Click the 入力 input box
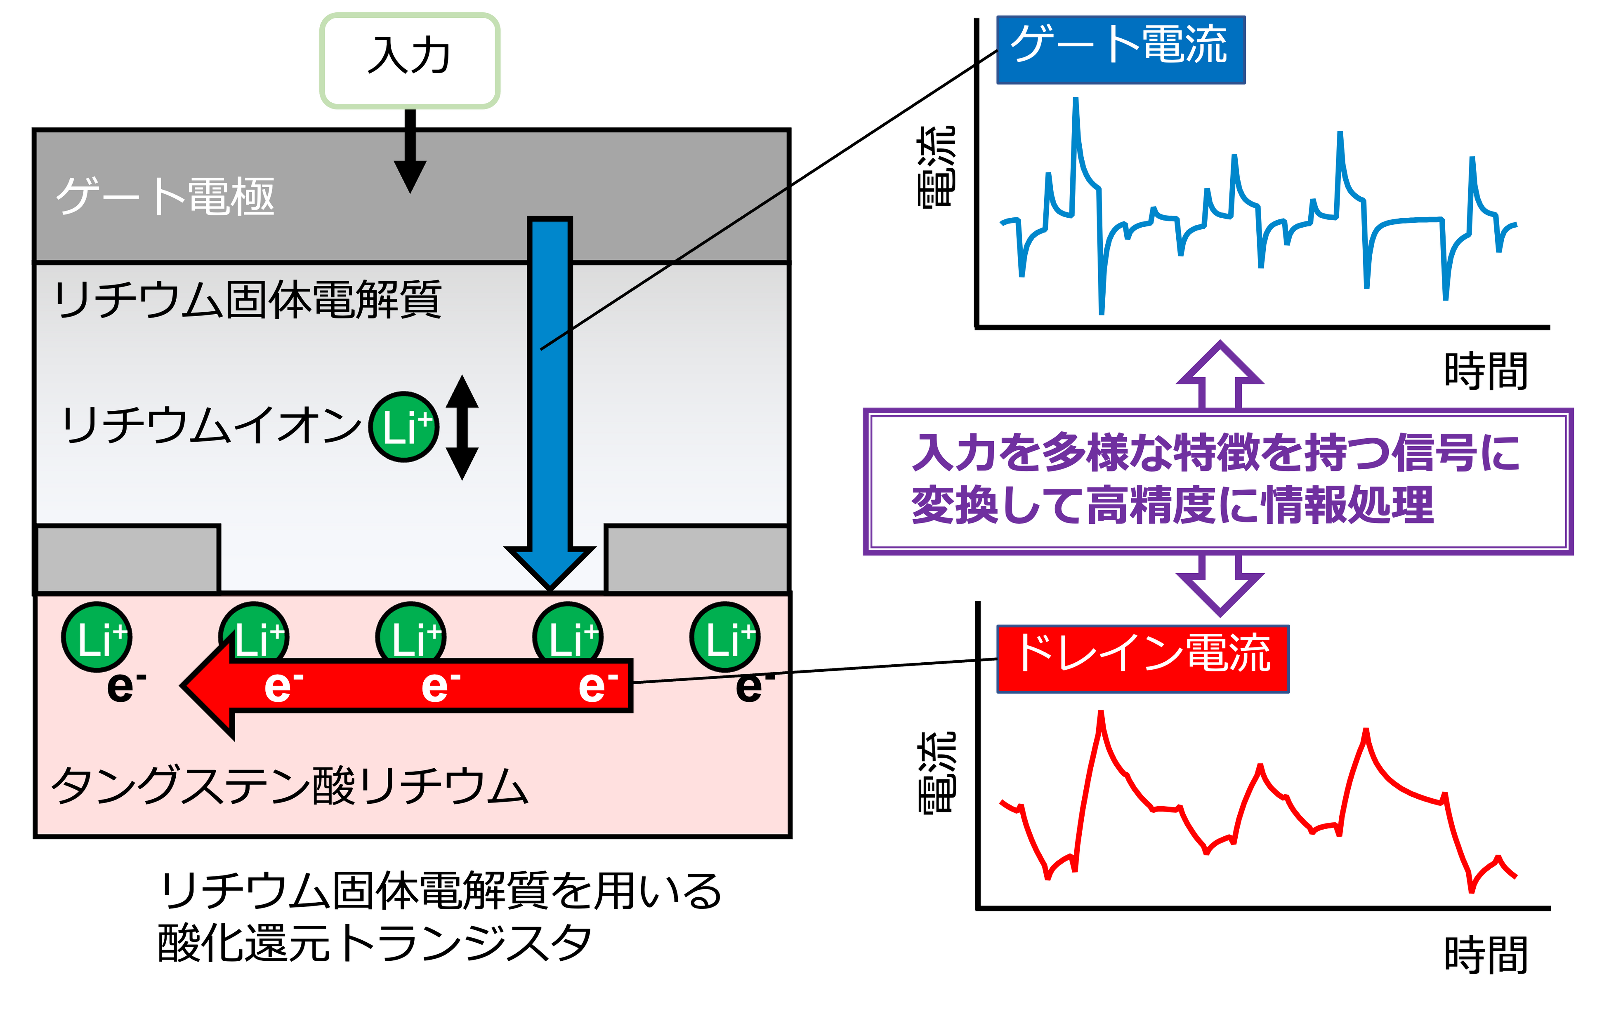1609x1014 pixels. click(x=410, y=60)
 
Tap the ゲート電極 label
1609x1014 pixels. click(x=165, y=196)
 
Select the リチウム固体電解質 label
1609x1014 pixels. click(x=247, y=300)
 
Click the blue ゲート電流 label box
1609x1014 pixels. click(x=1121, y=49)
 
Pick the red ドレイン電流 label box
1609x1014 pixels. click(x=1143, y=659)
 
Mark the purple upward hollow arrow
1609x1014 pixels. click(x=1220, y=375)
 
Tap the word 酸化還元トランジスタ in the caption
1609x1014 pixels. click(x=374, y=943)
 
